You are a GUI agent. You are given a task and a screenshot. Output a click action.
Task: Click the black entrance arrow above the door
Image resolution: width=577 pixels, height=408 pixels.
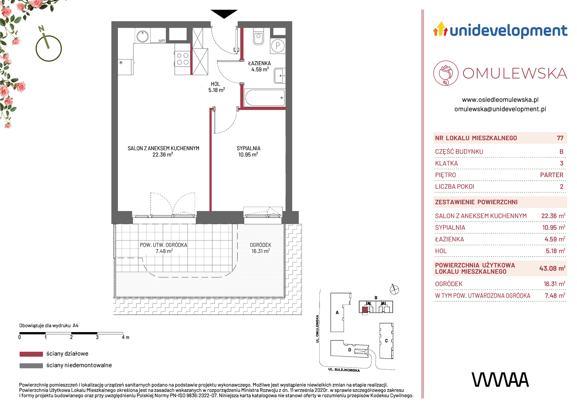click(x=224, y=14)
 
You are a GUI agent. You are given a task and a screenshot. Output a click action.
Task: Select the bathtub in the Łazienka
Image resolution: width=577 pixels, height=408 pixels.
click(x=265, y=98)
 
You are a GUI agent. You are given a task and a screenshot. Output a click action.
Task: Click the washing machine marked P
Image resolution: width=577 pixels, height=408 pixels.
click(x=278, y=46)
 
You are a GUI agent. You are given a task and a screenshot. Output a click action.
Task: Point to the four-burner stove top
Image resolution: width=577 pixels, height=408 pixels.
click(x=183, y=59)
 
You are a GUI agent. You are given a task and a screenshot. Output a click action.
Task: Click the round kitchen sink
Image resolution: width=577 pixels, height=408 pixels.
click(x=143, y=37)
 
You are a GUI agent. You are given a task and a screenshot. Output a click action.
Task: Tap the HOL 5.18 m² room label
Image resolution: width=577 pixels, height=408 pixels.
click(x=216, y=87)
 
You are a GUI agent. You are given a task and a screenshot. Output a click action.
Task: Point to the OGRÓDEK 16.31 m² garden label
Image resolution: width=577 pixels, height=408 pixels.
click(x=261, y=248)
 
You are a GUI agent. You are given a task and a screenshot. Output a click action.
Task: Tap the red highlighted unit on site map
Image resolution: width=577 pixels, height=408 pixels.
click(x=365, y=310)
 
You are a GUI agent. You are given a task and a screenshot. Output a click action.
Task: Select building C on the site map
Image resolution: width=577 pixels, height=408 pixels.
click(x=386, y=341)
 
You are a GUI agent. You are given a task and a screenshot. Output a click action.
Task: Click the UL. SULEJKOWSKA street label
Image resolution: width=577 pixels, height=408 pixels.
click(x=344, y=370)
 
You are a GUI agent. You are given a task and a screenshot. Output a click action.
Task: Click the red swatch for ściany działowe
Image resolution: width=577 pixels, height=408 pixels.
click(x=31, y=354)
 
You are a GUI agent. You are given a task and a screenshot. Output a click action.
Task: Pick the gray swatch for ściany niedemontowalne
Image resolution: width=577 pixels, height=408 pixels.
click(x=31, y=366)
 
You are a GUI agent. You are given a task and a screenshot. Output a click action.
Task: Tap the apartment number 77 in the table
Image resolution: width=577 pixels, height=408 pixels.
click(x=560, y=138)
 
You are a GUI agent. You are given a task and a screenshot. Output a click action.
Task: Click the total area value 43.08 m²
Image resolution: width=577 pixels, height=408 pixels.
click(x=552, y=268)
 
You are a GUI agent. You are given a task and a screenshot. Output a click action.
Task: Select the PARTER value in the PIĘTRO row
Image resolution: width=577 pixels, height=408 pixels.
click(x=552, y=175)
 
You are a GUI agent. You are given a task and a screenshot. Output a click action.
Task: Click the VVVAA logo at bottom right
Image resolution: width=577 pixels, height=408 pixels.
click(x=500, y=380)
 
